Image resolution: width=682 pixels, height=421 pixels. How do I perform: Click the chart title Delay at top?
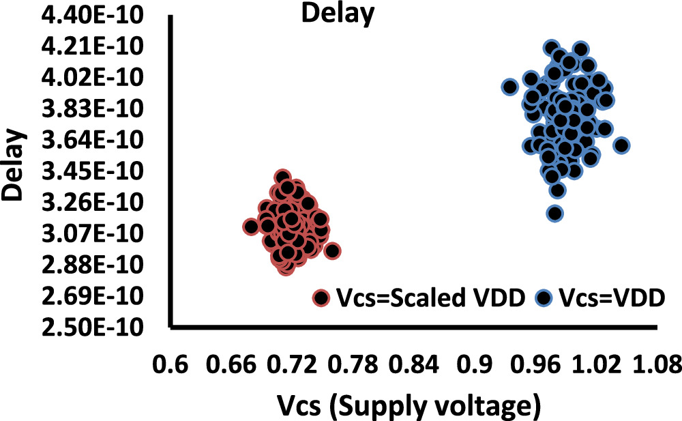(339, 14)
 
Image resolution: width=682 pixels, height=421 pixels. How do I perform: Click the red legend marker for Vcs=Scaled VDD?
(321, 298)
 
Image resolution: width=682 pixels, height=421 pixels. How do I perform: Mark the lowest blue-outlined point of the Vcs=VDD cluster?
(555, 214)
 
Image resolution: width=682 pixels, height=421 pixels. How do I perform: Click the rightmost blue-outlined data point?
(621, 145)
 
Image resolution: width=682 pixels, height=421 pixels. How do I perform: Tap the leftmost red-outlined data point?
(251, 227)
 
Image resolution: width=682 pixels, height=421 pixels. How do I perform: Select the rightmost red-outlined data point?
(332, 251)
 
